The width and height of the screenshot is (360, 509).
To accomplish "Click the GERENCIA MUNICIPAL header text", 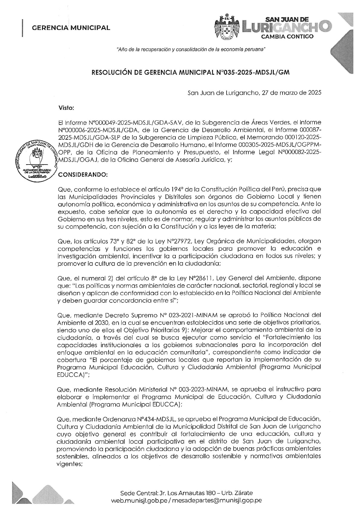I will (71, 28).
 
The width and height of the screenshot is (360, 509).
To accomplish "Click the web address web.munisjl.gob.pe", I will (139, 501).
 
